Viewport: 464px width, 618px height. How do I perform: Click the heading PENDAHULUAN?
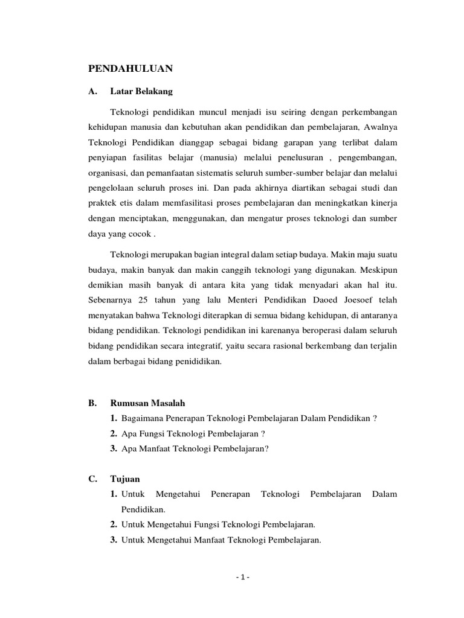(x=130, y=69)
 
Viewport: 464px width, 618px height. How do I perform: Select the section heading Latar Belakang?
(x=141, y=92)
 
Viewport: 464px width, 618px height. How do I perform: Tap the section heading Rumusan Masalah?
(x=147, y=403)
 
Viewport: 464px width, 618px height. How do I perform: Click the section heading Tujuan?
(x=125, y=479)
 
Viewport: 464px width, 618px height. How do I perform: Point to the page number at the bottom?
(x=242, y=576)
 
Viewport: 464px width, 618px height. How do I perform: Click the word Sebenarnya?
(x=111, y=301)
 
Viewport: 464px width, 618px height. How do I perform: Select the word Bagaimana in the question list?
(x=142, y=418)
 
